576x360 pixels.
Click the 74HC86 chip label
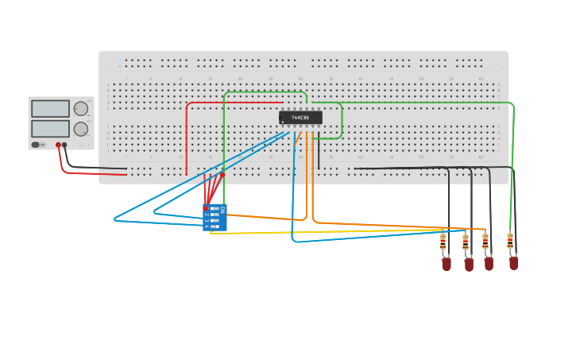click(x=300, y=118)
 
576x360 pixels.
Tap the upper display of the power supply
click(x=50, y=109)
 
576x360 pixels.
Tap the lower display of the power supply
click(x=50, y=128)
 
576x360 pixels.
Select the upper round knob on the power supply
click(x=81, y=109)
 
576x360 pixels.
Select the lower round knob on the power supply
click(x=81, y=129)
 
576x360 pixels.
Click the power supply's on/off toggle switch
click(x=36, y=145)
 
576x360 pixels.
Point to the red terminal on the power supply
click(x=58, y=145)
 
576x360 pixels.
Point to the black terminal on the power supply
click(x=65, y=145)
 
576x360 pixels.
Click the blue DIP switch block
click(x=215, y=218)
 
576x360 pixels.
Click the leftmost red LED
click(x=446, y=264)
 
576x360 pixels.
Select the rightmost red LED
click(x=514, y=262)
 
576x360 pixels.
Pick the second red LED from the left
click(x=469, y=264)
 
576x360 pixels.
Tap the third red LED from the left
click(x=489, y=263)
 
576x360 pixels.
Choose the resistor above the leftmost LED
click(x=443, y=240)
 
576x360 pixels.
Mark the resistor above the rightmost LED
click(x=510, y=240)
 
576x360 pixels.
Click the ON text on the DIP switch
click(x=222, y=209)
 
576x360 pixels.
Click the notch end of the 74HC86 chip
click(x=281, y=118)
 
